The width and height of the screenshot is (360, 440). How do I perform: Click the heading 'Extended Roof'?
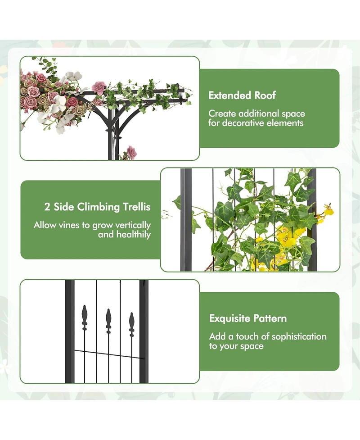coord(242,95)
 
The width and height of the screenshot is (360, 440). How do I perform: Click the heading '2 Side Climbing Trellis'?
coord(97,207)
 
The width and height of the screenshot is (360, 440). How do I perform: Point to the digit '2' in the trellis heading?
coord(47,207)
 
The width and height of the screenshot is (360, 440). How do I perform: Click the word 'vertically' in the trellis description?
coord(131,225)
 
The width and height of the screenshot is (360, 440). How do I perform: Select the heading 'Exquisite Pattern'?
coord(248,318)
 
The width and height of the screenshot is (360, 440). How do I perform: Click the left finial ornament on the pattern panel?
coord(84,316)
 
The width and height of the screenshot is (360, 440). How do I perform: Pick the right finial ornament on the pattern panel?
coord(131,323)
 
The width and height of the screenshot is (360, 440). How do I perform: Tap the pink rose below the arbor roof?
coord(131,152)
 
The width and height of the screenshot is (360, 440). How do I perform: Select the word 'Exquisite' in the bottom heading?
coord(229,318)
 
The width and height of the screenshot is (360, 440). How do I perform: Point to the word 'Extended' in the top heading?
coord(229,95)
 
